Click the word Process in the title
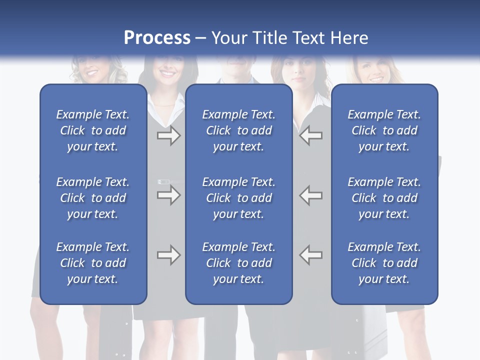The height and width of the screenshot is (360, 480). pos(157,38)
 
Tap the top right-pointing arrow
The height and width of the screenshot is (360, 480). pos(168,135)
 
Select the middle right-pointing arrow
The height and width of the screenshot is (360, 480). pos(168,195)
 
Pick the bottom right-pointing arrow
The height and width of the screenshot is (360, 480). pos(168,255)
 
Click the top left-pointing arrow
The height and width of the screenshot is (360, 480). pos(310,135)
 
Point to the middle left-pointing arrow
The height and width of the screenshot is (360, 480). pos(310,195)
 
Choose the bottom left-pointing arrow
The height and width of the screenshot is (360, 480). pos(310,255)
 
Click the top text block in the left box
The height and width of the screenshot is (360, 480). pos(93,130)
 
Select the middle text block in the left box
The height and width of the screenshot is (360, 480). pos(93,198)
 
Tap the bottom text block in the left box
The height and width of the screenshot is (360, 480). pos(93,263)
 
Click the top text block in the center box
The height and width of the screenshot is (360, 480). pos(238,130)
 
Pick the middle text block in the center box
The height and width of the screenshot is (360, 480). pos(238,198)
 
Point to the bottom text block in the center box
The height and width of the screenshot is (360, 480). pos(238,263)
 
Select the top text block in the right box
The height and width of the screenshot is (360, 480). pos(384,130)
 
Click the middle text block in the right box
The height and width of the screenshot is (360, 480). pos(384,198)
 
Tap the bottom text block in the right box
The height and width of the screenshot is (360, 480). pos(384,263)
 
